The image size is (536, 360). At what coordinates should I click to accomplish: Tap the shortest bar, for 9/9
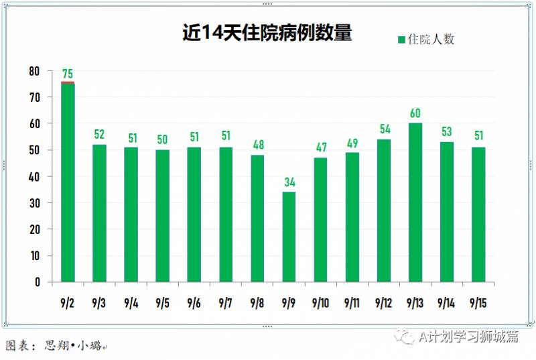289,237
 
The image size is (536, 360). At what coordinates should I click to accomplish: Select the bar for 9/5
163,215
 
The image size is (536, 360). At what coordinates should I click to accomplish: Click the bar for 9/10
320,219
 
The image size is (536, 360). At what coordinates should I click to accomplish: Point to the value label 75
68,74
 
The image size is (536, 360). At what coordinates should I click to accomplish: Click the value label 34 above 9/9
289,182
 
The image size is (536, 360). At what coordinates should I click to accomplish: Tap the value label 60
415,113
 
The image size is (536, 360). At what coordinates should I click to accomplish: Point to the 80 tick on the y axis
34,71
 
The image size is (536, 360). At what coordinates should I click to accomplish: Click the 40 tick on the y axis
34,176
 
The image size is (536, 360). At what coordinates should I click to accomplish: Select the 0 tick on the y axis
38,282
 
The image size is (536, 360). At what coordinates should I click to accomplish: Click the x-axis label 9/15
478,303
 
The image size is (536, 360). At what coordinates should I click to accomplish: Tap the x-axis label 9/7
226,303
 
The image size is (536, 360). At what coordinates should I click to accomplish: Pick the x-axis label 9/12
384,303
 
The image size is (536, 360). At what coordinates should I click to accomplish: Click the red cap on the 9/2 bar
68,83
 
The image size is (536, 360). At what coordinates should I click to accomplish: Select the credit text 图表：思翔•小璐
56,346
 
